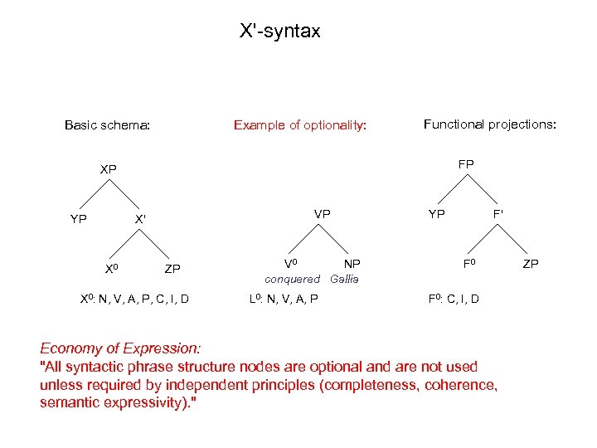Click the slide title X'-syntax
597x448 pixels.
[279, 32]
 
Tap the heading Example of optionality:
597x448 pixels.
[299, 125]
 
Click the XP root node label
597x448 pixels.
[108, 169]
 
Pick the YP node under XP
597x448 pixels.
[80, 220]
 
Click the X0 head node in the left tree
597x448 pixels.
[117, 269]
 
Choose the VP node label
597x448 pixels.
[322, 213]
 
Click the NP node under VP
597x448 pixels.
[352, 264]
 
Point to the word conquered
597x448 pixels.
[291, 279]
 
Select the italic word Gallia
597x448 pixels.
[344, 279]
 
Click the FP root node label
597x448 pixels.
[466, 164]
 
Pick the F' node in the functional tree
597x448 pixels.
[498, 213]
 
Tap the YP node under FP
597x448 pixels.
[436, 213]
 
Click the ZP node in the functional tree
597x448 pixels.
[530, 264]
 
